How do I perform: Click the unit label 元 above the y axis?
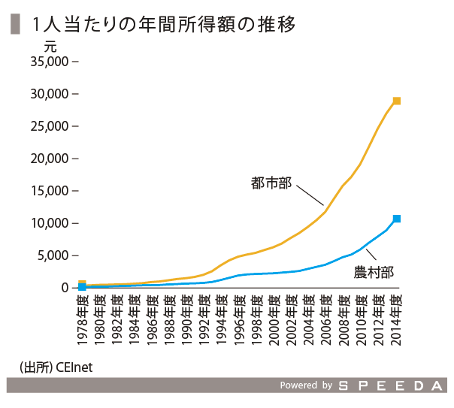(50, 46)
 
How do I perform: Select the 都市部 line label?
(271, 183)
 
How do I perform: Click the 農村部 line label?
(374, 271)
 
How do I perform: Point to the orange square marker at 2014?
(397, 101)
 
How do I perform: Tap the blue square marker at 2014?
(397, 219)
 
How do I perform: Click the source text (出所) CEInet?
(56, 367)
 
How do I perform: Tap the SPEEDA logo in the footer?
(392, 385)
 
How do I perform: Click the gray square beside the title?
(14, 25)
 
